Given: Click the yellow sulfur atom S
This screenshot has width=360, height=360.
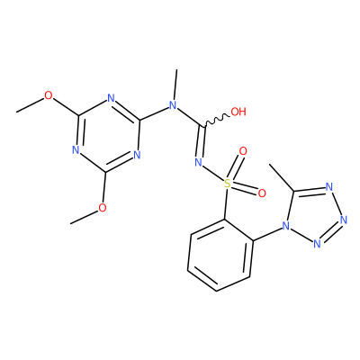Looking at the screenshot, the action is pos(228,184).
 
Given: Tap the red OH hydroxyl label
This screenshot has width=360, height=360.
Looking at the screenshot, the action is pos(238,112).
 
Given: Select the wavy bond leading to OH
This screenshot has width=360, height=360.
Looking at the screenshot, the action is pos(217,120).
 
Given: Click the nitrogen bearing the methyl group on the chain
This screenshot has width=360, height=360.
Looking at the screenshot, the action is pos(172,105).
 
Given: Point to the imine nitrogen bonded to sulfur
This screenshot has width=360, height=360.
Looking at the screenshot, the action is pos(198,162).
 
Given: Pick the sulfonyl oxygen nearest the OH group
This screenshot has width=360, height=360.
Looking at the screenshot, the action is pos(243,151).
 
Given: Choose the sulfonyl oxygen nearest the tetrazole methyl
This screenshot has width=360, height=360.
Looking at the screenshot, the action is pos(262,193).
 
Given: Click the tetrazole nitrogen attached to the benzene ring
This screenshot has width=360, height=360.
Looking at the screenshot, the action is pos(285,226).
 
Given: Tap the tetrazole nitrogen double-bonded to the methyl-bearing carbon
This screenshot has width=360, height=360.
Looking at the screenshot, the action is pos(329,187).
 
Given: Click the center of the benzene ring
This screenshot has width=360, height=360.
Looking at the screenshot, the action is pos(220,255).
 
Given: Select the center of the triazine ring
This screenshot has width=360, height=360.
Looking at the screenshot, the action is pos(108,134).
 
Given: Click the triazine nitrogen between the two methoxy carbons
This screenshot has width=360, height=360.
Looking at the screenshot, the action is pos(76,150).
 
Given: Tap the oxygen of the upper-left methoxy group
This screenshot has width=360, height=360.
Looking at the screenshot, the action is pos(48,96).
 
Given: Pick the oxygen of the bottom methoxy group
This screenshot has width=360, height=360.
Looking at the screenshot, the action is pos(103,208).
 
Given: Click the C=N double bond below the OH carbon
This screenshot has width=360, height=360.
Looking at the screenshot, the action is pos(202,142).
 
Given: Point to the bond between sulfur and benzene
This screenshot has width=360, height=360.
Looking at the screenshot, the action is pos(226,204).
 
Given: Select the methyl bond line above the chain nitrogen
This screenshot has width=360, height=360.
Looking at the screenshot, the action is pos(175,85).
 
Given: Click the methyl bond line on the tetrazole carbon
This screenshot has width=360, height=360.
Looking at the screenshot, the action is pos(282,177).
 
